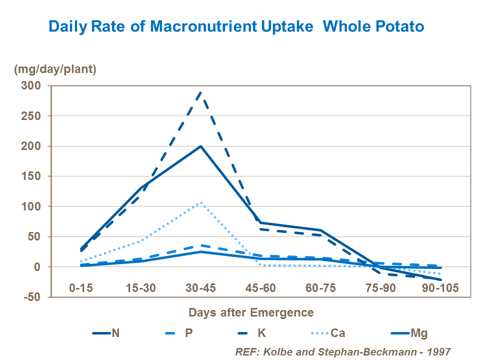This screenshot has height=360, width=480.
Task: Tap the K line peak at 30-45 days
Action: pos(200,92)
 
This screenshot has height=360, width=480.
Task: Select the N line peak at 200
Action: pos(200,146)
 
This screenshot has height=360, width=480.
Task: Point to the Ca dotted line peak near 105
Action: pos(200,203)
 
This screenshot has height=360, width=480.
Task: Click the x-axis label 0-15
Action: pos(80,288)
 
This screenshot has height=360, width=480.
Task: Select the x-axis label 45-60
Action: pos(260,288)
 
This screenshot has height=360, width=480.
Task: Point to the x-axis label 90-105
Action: pos(440,288)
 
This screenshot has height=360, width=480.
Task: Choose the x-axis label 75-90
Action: pos(380,288)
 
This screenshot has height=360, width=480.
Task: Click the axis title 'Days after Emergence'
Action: pos(251,312)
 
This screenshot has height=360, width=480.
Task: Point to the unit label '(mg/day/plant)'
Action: pos(55,69)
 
